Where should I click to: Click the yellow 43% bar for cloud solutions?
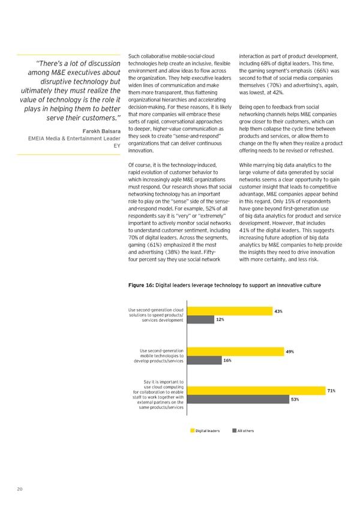[x=228, y=310]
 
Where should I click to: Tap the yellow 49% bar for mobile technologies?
[x=235, y=351]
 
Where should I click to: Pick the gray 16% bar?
[x=203, y=361]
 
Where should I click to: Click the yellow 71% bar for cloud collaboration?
[x=256, y=391]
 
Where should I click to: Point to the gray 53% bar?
[x=236, y=399]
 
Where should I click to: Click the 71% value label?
[x=331, y=391]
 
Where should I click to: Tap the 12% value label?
[x=220, y=320]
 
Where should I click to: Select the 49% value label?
[x=290, y=351]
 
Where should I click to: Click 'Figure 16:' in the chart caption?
[x=142, y=285]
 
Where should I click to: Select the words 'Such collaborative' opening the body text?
[x=146, y=57]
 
